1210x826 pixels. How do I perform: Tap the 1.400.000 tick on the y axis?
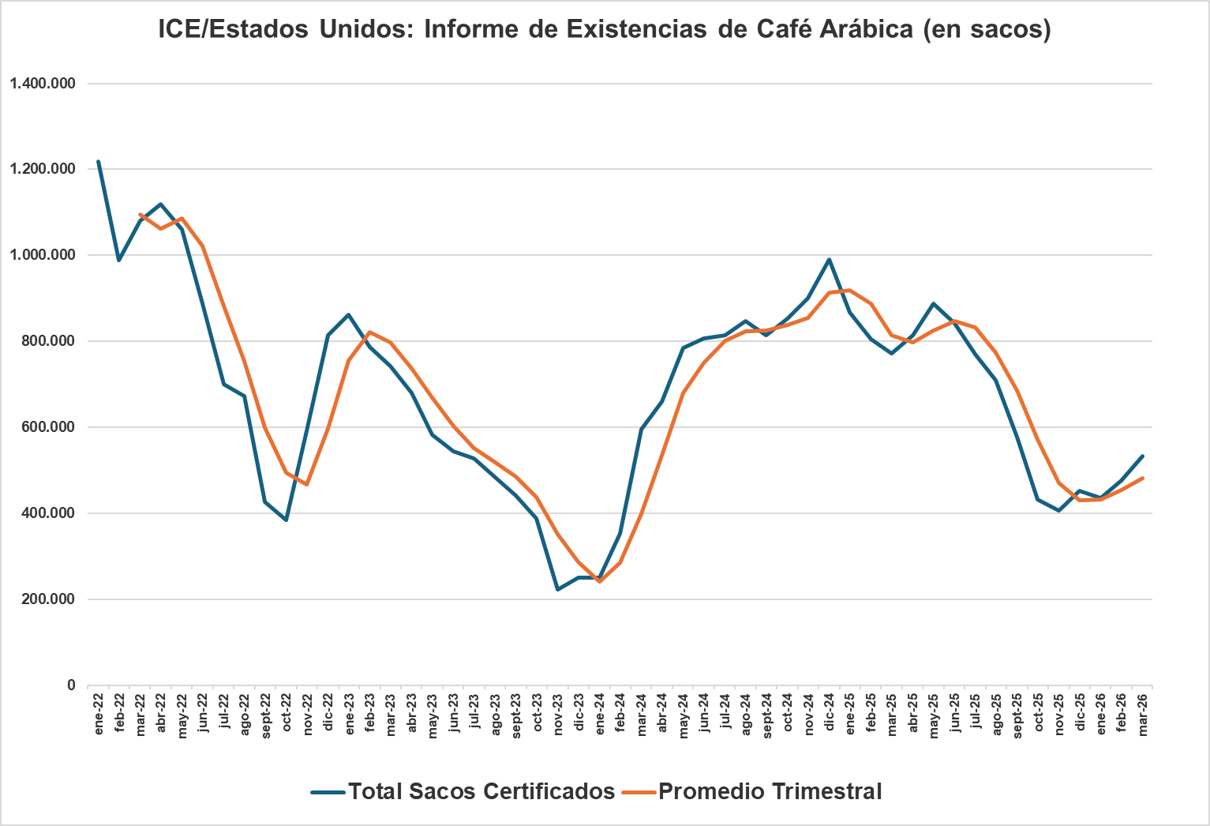(43, 83)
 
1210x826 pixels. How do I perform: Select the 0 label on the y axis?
(71, 685)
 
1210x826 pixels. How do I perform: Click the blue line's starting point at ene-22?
(99, 161)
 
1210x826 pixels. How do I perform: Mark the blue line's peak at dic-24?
(830, 259)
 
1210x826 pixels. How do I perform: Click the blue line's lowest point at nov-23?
(558, 590)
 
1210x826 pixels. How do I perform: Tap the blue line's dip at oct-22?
(287, 520)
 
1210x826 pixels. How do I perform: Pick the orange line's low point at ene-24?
(600, 581)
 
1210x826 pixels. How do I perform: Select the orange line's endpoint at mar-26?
(1143, 478)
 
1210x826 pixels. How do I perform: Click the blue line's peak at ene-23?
(349, 314)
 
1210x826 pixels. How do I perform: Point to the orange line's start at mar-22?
(140, 214)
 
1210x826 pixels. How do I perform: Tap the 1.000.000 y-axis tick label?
(43, 255)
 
